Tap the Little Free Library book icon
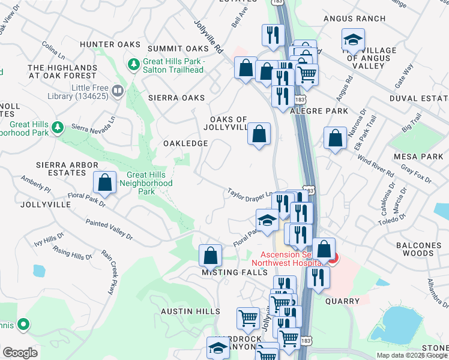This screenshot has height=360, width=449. (x=117, y=92)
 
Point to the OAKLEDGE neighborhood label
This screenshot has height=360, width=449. (x=185, y=143)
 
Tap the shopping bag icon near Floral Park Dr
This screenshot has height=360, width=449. (x=105, y=183)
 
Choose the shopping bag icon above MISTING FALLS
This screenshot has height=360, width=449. (x=211, y=255)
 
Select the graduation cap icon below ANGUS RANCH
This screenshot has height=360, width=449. (x=352, y=41)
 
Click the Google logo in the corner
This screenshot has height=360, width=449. (x=20, y=352)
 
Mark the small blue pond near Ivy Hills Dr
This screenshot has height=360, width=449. (x=40, y=271)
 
